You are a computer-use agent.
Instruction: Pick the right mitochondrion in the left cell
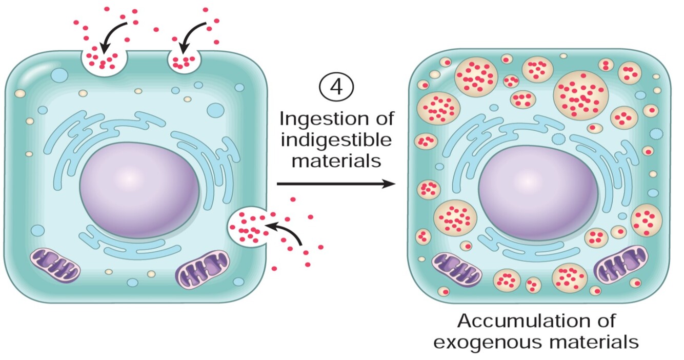pyautogui.click(x=203, y=268)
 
